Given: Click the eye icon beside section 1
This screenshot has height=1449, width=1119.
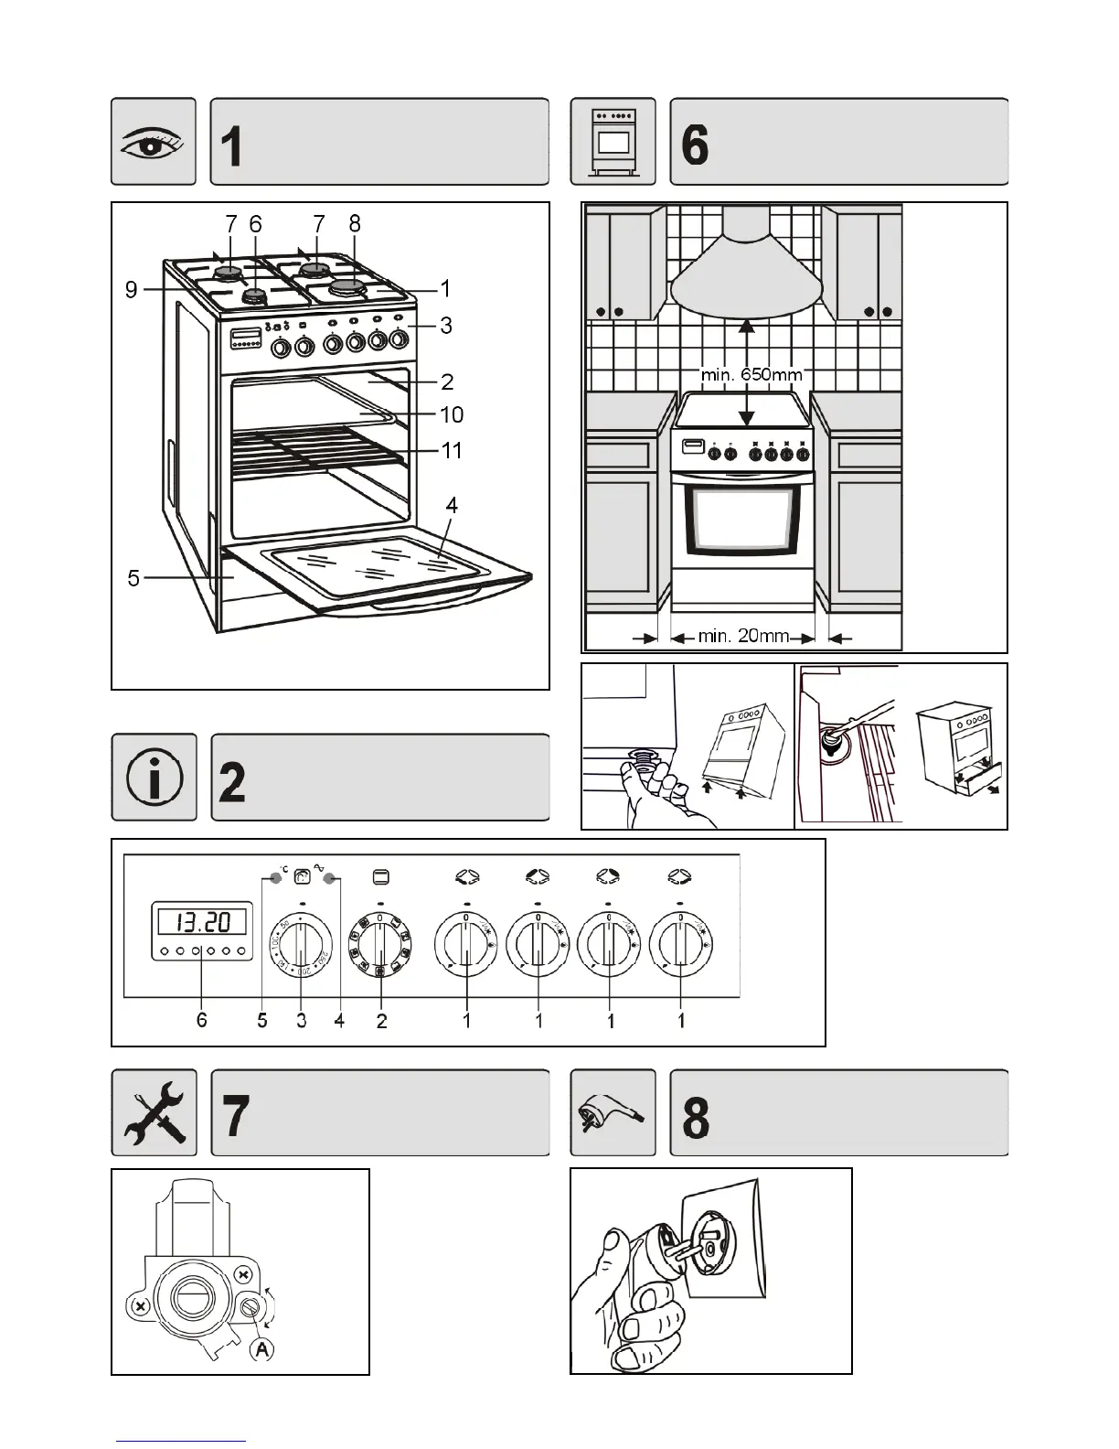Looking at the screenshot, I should (x=154, y=142).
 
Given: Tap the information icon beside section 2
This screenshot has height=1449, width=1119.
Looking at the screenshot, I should (x=154, y=778).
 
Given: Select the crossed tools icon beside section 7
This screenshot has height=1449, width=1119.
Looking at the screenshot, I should (x=154, y=1112).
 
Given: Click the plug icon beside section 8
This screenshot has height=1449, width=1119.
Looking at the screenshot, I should (x=613, y=1112).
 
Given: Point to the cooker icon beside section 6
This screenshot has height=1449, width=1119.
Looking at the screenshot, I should (x=613, y=142).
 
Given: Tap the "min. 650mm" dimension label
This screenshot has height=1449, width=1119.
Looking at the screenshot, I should (x=751, y=374).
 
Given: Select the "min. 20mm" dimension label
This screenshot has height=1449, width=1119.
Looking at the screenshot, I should (x=743, y=635).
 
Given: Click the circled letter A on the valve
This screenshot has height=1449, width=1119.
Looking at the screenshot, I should (x=262, y=1348).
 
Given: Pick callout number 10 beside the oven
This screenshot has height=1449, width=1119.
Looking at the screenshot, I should (x=452, y=414).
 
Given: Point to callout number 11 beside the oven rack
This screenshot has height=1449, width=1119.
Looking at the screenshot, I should (x=452, y=450).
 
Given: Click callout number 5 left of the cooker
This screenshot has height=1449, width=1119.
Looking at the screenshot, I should (x=133, y=578).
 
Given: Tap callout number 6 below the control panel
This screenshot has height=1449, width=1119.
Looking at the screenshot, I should (x=202, y=1019).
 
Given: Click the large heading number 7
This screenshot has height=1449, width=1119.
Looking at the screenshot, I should (x=236, y=1116).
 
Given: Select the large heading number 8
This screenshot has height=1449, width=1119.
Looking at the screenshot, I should (x=696, y=1116).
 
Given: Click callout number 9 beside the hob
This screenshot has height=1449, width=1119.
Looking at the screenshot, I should (x=132, y=290).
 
